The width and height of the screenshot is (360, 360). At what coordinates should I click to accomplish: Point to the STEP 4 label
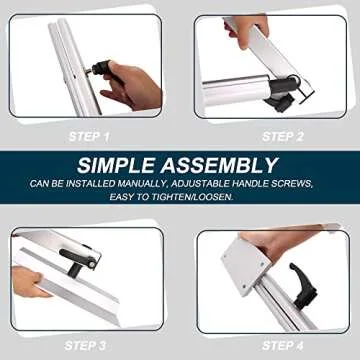284,346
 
